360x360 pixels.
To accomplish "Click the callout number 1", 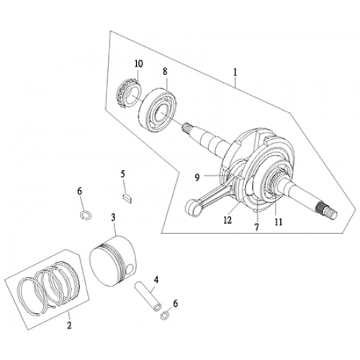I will (x=234, y=72).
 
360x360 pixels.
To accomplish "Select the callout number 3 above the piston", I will (x=113, y=217).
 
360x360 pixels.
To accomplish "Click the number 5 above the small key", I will (x=123, y=174).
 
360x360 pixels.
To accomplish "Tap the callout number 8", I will (x=165, y=72).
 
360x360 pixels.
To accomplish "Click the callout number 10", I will (x=138, y=64).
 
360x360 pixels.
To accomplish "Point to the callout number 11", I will (x=276, y=222).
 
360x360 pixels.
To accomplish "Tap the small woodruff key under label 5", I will (x=125, y=193).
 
